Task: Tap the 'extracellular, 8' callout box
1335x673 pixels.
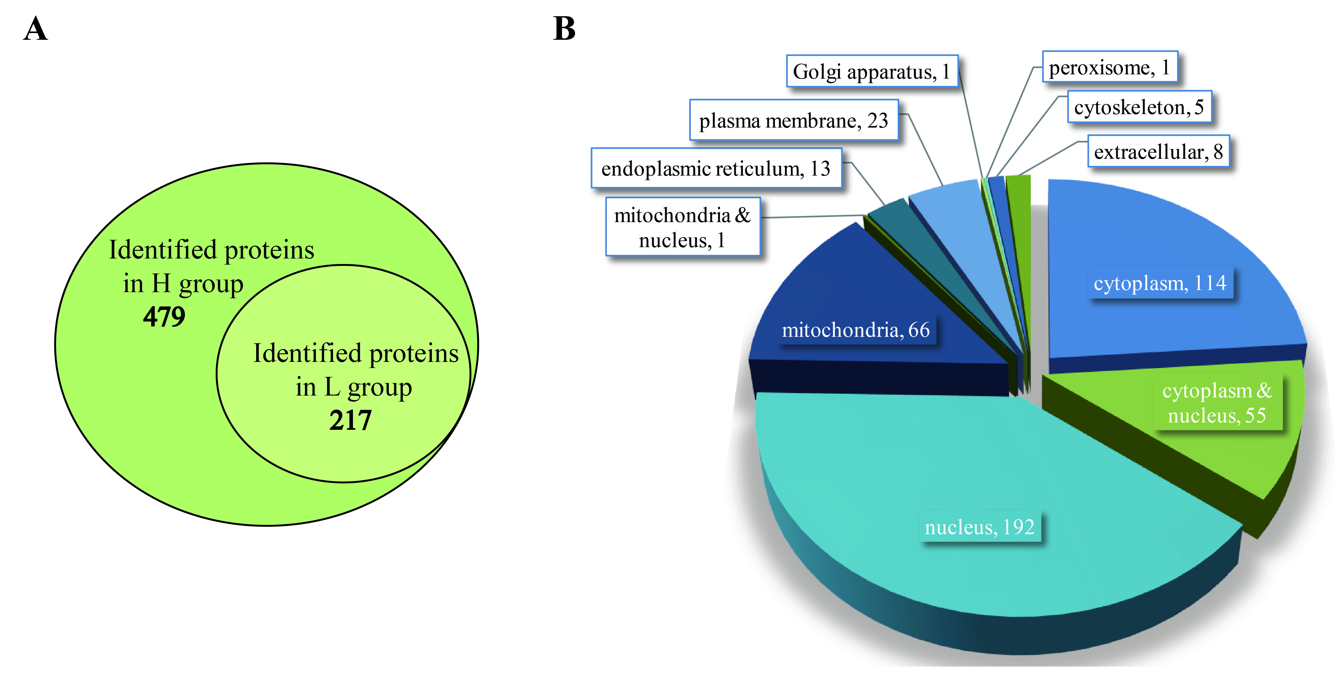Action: tap(1158, 152)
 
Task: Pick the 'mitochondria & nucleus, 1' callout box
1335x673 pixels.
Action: tap(682, 227)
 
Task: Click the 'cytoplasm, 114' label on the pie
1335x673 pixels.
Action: tap(1160, 283)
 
